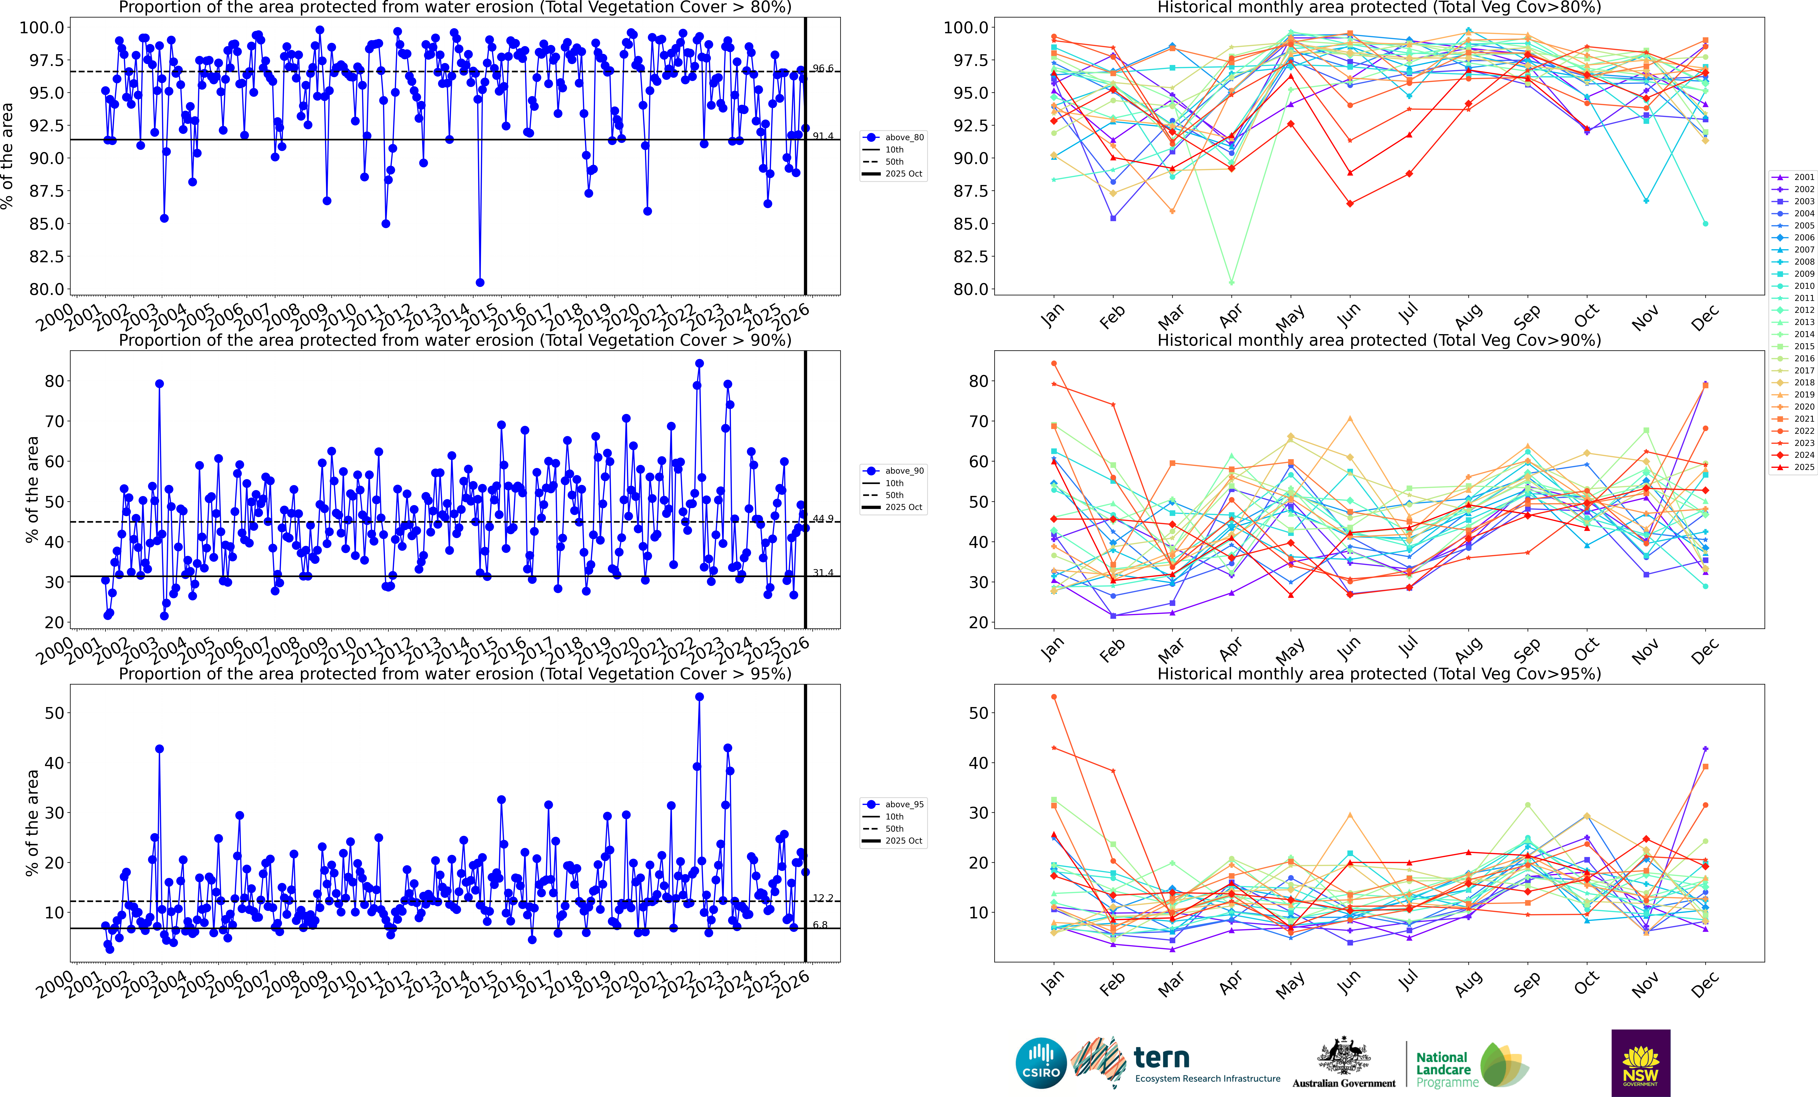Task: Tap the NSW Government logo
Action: (1640, 1062)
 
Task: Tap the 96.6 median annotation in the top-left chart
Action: (823, 69)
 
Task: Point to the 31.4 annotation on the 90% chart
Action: (823, 572)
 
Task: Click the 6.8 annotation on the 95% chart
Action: (820, 925)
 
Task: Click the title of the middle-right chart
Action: (1379, 340)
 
